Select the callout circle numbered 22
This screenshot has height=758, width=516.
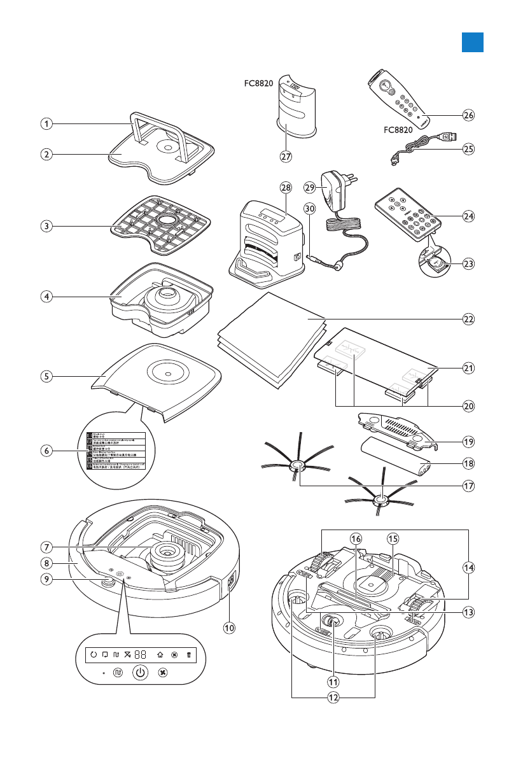[469, 319]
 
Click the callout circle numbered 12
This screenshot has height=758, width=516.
[333, 697]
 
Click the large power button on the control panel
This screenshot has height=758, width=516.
[141, 672]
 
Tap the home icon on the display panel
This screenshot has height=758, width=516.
[159, 654]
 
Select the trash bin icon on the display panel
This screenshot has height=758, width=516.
[188, 654]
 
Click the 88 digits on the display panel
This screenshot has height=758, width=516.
[141, 654]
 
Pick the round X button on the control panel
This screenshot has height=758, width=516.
[163, 672]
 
